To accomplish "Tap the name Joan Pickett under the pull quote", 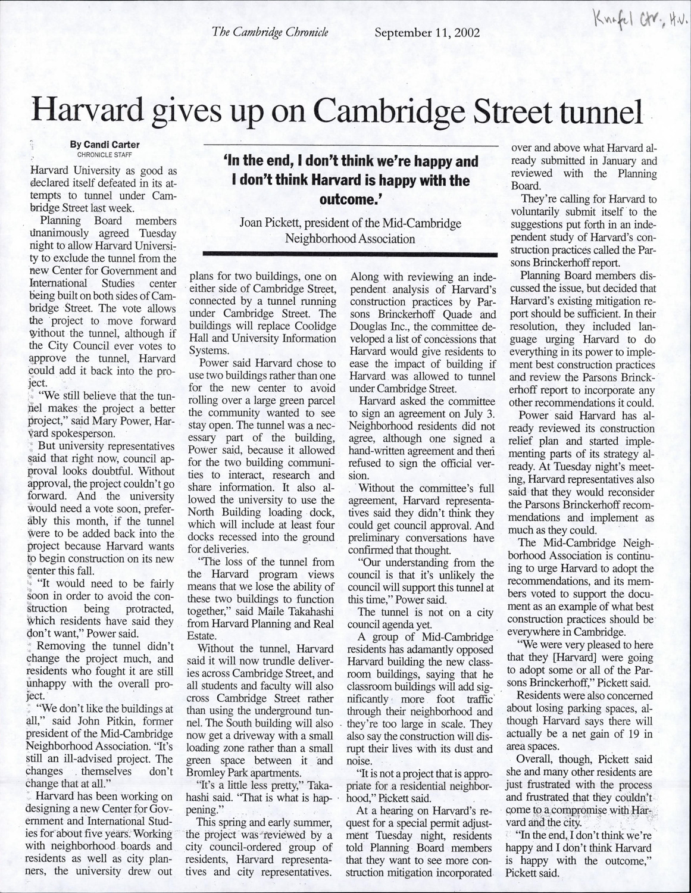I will [268, 223].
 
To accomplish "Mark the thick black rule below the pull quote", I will [350, 254].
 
